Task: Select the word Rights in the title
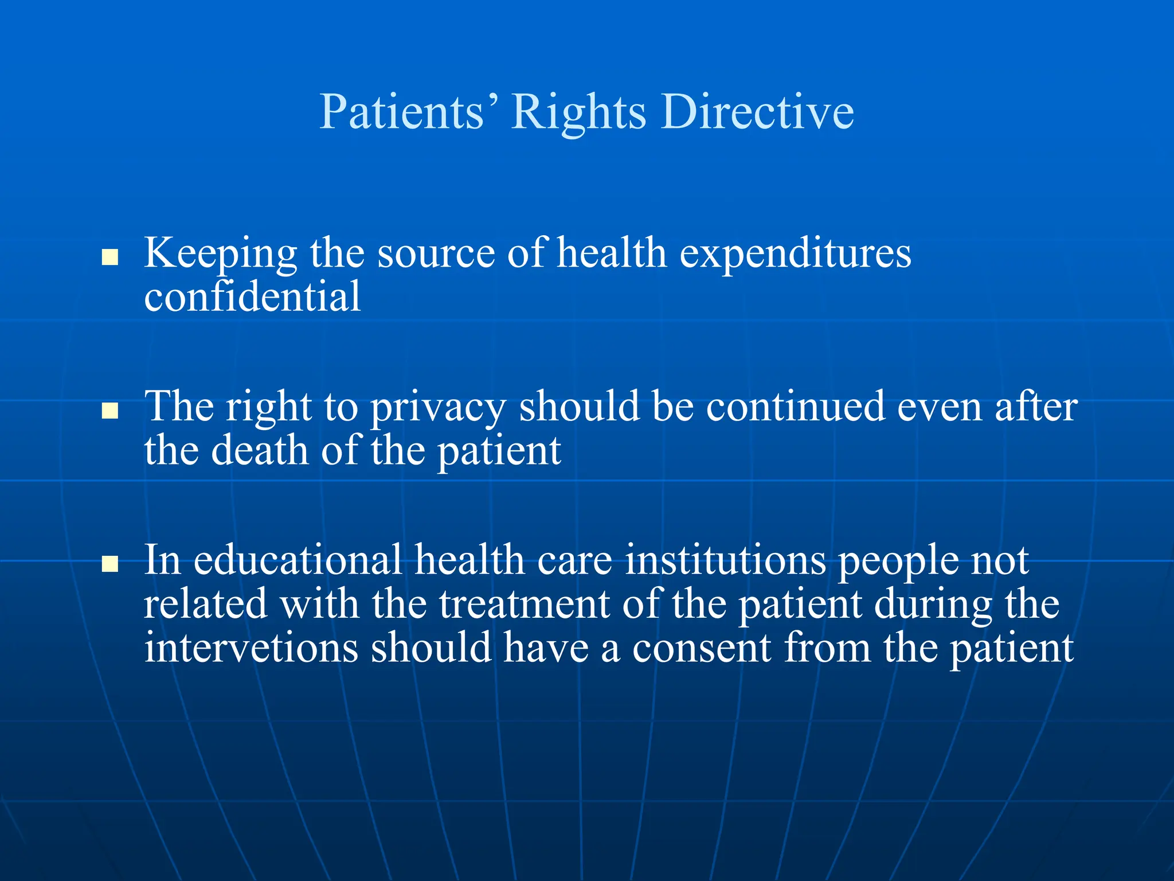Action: pos(578,112)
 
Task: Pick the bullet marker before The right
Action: pos(109,411)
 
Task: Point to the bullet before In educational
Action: pos(109,564)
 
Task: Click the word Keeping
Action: pos(221,254)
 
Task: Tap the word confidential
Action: pos(252,297)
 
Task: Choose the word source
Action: pos(436,254)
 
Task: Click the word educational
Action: pos(298,560)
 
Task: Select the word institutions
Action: pos(725,560)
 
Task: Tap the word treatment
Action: pos(524,604)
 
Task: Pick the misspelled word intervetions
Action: pos(251,648)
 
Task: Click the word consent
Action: pos(702,648)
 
